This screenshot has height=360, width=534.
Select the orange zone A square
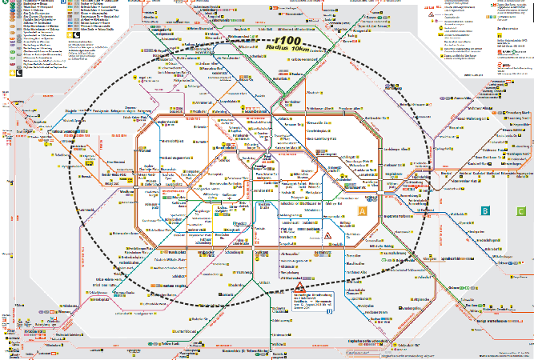click(362, 212)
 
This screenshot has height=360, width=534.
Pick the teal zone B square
click(484, 210)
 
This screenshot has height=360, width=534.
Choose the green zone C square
click(509, 210)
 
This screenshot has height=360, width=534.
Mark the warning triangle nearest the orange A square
click(328, 235)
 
